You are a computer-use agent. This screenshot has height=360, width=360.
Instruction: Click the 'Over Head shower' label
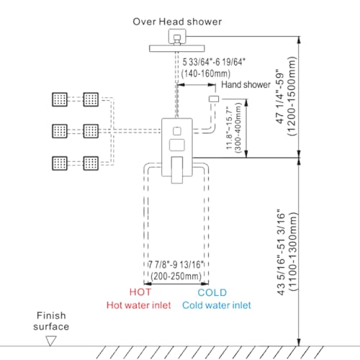[177, 22]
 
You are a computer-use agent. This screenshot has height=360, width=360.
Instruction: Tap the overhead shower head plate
[177, 48]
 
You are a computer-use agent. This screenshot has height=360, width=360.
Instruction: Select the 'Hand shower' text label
[246, 85]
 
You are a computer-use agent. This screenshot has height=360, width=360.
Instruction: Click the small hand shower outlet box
[214, 99]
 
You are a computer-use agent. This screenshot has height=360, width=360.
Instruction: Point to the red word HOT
[140, 292]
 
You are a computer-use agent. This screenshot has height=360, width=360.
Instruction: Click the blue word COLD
[212, 292]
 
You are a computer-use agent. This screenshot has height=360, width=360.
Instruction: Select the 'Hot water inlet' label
[139, 305]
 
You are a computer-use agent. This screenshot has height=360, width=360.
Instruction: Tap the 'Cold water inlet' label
[217, 305]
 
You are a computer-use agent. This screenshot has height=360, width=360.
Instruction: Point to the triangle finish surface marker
[51, 341]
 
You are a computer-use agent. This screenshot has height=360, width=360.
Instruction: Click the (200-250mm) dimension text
[176, 276]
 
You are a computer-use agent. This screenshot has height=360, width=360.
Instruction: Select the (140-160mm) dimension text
[206, 73]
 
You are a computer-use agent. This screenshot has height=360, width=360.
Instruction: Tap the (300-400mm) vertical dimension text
[238, 127]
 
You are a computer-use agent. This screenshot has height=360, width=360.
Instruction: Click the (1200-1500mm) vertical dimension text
[292, 96]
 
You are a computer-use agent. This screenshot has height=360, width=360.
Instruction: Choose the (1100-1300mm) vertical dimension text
[292, 251]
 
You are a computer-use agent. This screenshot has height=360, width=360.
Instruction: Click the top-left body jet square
[60, 99]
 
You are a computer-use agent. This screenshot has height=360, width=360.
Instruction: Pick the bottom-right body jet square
[91, 163]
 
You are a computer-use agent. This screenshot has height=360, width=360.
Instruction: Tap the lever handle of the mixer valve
[177, 170]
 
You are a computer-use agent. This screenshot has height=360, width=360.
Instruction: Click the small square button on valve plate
[177, 131]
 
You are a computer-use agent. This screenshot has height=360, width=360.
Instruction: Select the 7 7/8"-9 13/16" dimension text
[176, 265]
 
